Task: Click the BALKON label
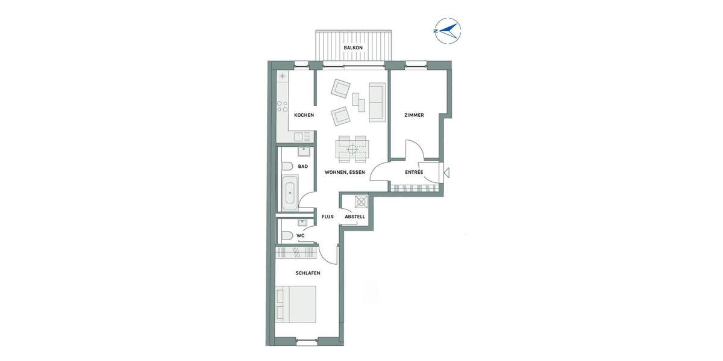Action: [x=353, y=48]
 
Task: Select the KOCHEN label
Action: [x=304, y=115]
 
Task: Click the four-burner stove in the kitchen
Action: [x=282, y=108]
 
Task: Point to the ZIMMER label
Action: [x=414, y=115]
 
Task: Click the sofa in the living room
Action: [x=378, y=102]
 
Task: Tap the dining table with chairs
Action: [x=352, y=149]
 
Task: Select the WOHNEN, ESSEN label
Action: [x=345, y=172]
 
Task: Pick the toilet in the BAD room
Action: [x=287, y=166]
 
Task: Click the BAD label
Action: [x=303, y=166]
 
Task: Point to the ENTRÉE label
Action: [x=414, y=172]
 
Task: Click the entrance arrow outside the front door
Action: [x=446, y=173]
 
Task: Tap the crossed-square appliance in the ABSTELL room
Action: [x=361, y=202]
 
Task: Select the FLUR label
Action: [x=328, y=217]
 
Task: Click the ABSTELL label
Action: [x=354, y=217]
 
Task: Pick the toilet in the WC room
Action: [x=287, y=235]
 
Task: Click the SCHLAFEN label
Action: [x=307, y=273]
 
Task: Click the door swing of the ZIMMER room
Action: [x=413, y=150]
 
